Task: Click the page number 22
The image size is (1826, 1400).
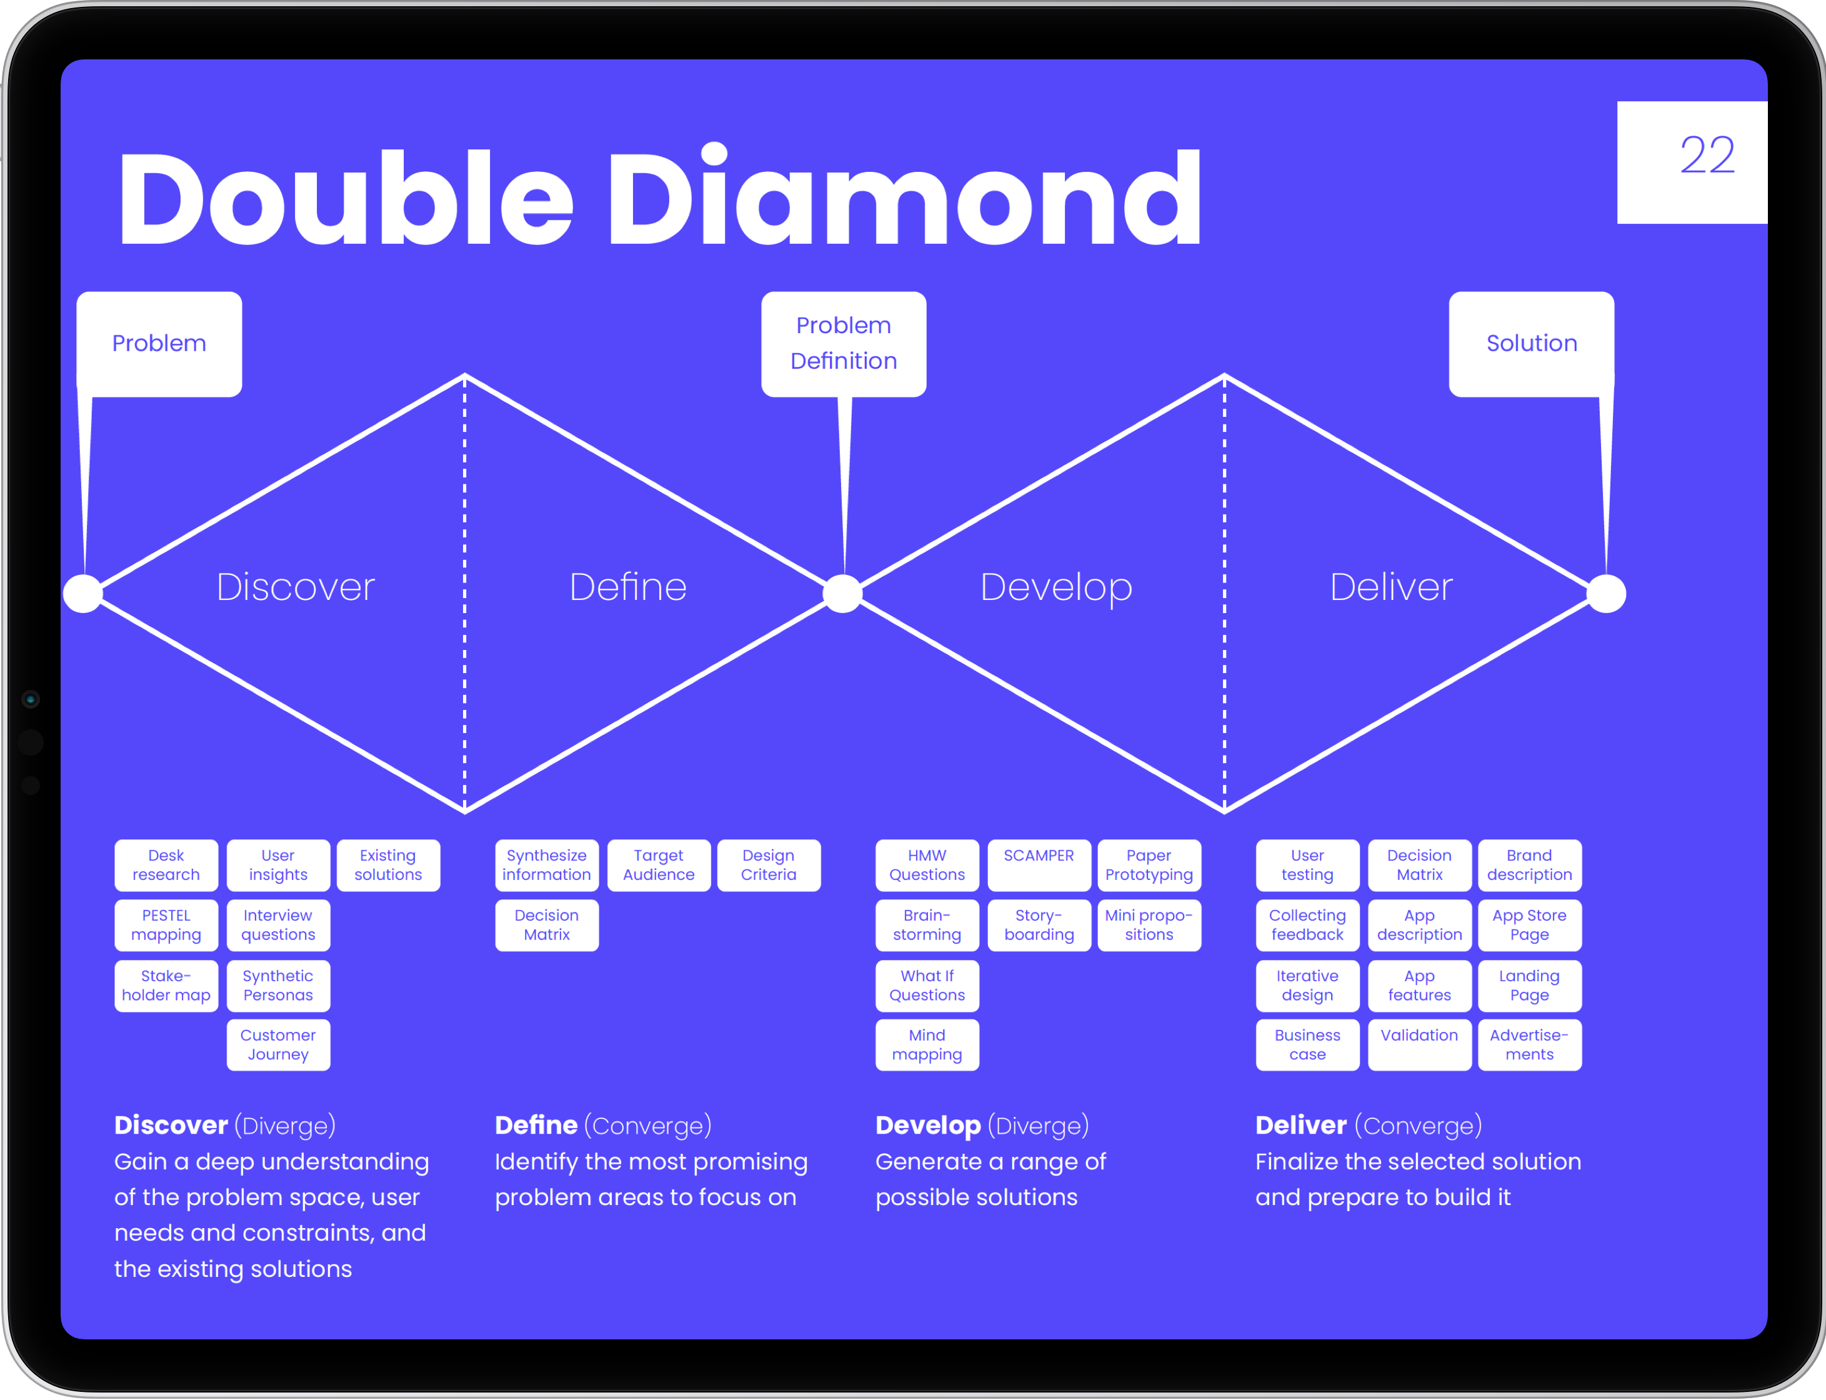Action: click(x=1707, y=156)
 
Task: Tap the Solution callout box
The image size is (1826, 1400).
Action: click(x=1531, y=343)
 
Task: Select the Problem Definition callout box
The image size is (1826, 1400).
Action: click(x=843, y=343)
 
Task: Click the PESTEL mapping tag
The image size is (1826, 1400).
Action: click(x=166, y=925)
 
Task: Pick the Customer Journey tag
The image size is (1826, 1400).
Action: click(x=278, y=1044)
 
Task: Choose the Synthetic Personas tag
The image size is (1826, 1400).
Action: click(x=278, y=985)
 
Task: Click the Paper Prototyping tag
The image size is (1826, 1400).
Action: click(x=1149, y=865)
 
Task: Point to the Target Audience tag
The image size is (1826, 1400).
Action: click(x=658, y=865)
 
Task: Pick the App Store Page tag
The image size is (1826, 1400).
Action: click(x=1529, y=925)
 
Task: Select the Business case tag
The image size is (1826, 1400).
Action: click(x=1307, y=1044)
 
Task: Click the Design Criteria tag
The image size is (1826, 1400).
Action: click(x=768, y=865)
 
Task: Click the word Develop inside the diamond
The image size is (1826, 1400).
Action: click(x=1055, y=587)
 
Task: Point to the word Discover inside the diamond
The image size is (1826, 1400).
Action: click(x=295, y=587)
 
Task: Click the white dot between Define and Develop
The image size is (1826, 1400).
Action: click(x=842, y=593)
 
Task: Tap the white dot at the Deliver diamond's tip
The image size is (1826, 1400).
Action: click(x=1606, y=593)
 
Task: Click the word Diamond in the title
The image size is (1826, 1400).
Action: click(x=904, y=198)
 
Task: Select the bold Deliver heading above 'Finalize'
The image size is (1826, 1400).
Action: click(x=1300, y=1125)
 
